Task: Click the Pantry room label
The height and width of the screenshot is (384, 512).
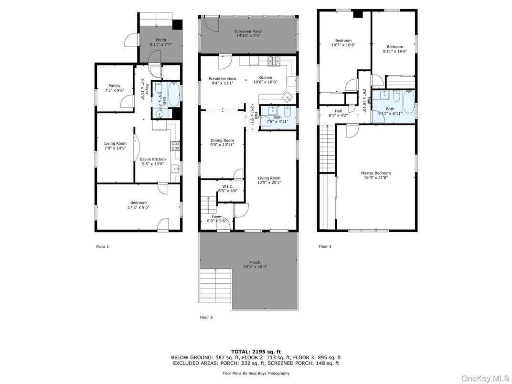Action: click(114, 86)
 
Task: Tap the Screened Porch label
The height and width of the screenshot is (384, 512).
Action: click(248, 32)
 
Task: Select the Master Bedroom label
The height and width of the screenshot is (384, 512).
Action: click(375, 173)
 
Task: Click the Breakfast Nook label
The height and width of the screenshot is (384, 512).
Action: click(222, 79)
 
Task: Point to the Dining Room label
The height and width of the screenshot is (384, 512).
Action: click(222, 140)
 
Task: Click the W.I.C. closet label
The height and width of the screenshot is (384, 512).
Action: click(227, 187)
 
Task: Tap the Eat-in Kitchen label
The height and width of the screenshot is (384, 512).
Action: click(153, 159)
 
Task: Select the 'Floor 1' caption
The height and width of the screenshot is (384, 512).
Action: click(103, 247)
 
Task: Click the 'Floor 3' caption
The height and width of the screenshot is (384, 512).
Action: click(325, 247)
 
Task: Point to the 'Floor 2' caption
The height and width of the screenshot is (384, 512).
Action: click(206, 317)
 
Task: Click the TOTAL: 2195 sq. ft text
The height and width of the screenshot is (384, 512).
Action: click(256, 351)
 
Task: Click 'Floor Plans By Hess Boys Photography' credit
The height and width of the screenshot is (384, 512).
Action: click(256, 373)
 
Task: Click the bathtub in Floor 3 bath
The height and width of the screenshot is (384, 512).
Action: click(409, 102)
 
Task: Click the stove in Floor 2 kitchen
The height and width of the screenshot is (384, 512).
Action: click(276, 61)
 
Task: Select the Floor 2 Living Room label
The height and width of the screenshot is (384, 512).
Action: click(269, 178)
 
